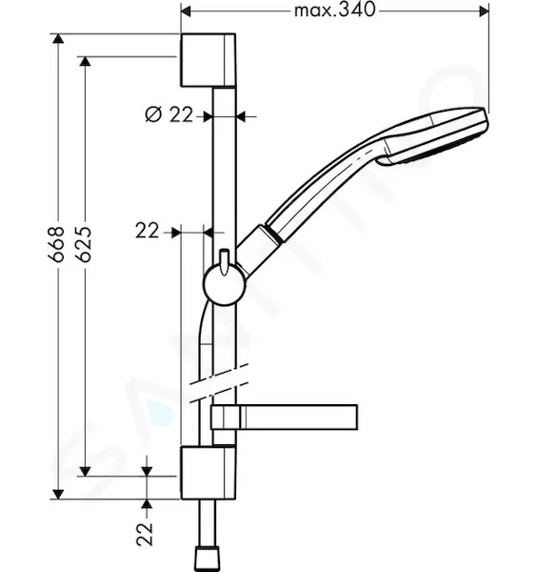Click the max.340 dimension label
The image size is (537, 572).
click(334, 10)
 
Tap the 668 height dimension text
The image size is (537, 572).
click(56, 244)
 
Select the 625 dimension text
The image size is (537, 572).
click(85, 244)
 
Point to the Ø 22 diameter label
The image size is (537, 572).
click(169, 115)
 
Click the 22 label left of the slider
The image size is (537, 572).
click(148, 231)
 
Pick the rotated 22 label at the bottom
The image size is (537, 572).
click(145, 534)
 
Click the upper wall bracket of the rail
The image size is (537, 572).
click(208, 60)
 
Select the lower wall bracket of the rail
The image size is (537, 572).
click(208, 473)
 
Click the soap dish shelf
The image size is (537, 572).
click(284, 417)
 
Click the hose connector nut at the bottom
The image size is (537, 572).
click(208, 558)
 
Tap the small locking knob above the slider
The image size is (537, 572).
click(224, 260)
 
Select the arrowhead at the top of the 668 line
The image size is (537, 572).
click(57, 38)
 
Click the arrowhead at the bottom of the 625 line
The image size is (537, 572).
click(85, 471)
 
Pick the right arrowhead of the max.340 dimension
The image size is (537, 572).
click(484, 11)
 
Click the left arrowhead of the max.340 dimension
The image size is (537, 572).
click(186, 11)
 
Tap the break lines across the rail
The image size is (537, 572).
click(219, 383)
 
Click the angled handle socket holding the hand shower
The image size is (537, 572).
click(259, 252)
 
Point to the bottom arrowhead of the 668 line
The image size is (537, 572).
click(57, 494)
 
